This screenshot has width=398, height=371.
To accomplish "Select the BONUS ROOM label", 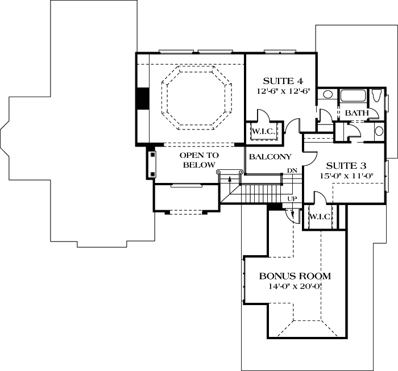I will coord(295,276).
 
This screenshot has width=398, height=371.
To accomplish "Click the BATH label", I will coord(356,113).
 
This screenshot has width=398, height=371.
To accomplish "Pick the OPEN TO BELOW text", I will coord(199,160).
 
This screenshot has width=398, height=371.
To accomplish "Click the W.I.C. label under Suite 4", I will coord(263,132).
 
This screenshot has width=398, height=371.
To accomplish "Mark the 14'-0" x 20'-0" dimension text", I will coord(295,286).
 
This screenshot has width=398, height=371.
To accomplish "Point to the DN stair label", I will coord(292,171).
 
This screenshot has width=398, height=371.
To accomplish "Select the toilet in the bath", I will coord(379,97).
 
